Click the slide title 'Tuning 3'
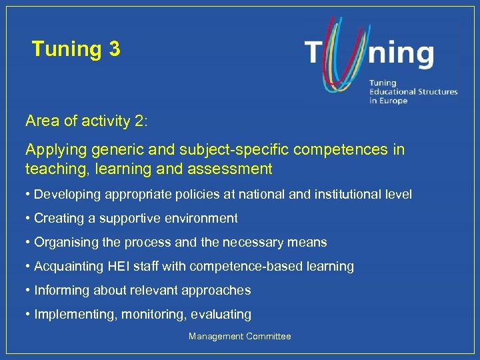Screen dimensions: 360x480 click(x=76, y=49)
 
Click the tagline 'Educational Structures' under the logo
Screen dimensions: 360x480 click(x=413, y=92)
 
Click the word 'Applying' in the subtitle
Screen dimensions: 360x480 click(x=53, y=149)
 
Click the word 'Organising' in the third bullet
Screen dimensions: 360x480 click(x=65, y=242)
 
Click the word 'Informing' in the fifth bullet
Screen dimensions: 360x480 click(x=60, y=290)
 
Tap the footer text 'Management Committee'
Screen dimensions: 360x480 click(x=240, y=337)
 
